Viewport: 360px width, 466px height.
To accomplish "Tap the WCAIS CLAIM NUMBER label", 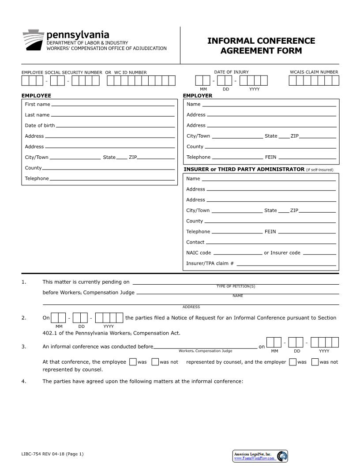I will click(314, 72).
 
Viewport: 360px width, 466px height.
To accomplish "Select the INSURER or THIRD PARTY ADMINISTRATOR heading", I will click(244, 169).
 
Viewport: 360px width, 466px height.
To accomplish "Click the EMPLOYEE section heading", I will click(36, 96).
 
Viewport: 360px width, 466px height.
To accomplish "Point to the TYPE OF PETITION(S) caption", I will click(236, 286).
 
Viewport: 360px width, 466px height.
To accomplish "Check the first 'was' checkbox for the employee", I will click(133, 362).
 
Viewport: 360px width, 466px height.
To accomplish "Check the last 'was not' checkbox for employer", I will click(315, 362).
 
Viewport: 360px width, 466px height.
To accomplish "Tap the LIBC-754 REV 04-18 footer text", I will click(52, 454).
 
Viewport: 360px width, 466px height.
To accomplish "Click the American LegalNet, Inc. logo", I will click(260, 456).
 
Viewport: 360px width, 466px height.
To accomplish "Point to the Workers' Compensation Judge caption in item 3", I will click(205, 351).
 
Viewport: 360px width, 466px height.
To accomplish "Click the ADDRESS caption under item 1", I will click(191, 307).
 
